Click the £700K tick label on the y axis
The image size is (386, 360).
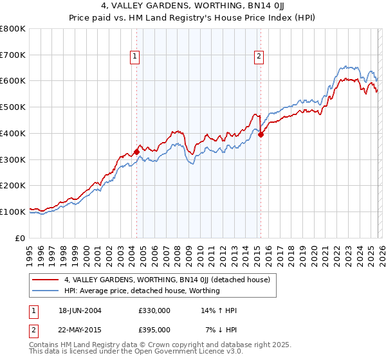click(13, 55)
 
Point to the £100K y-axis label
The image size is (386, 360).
click(13, 212)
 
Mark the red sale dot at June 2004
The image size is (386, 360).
click(136, 152)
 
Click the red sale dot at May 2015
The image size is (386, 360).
click(261, 135)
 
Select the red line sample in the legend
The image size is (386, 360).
click(46, 280)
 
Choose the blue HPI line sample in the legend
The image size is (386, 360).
click(46, 291)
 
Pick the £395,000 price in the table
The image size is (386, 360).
click(154, 330)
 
